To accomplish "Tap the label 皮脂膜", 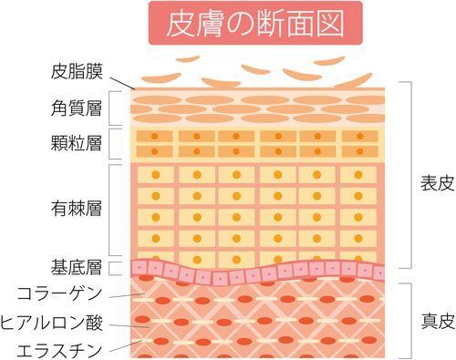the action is [75, 70].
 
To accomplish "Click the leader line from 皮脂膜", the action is [119, 79].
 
